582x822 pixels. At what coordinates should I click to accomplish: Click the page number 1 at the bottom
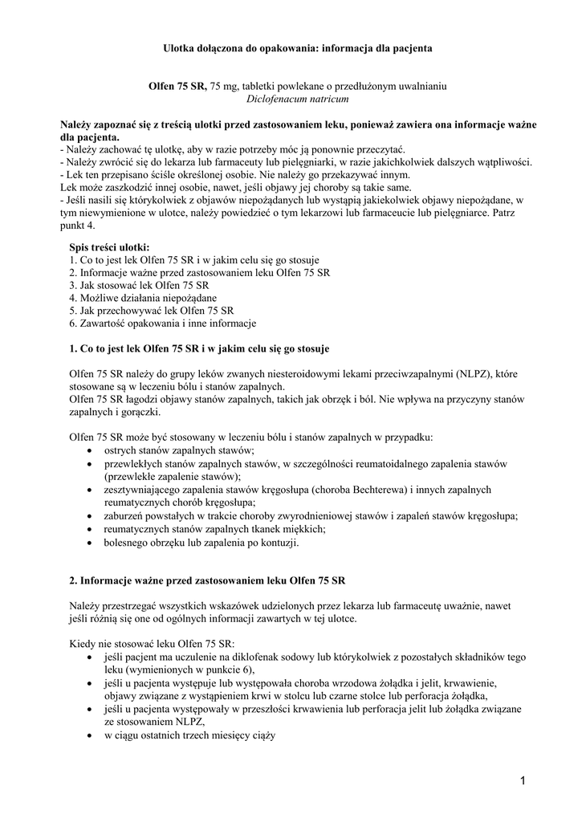pos(523,780)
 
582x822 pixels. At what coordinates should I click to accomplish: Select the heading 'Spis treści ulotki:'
pos(109,247)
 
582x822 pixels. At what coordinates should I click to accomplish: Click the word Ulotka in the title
pos(180,48)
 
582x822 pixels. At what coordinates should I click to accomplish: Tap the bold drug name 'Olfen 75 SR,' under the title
pos(178,86)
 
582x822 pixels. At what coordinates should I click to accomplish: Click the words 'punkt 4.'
pos(78,226)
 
